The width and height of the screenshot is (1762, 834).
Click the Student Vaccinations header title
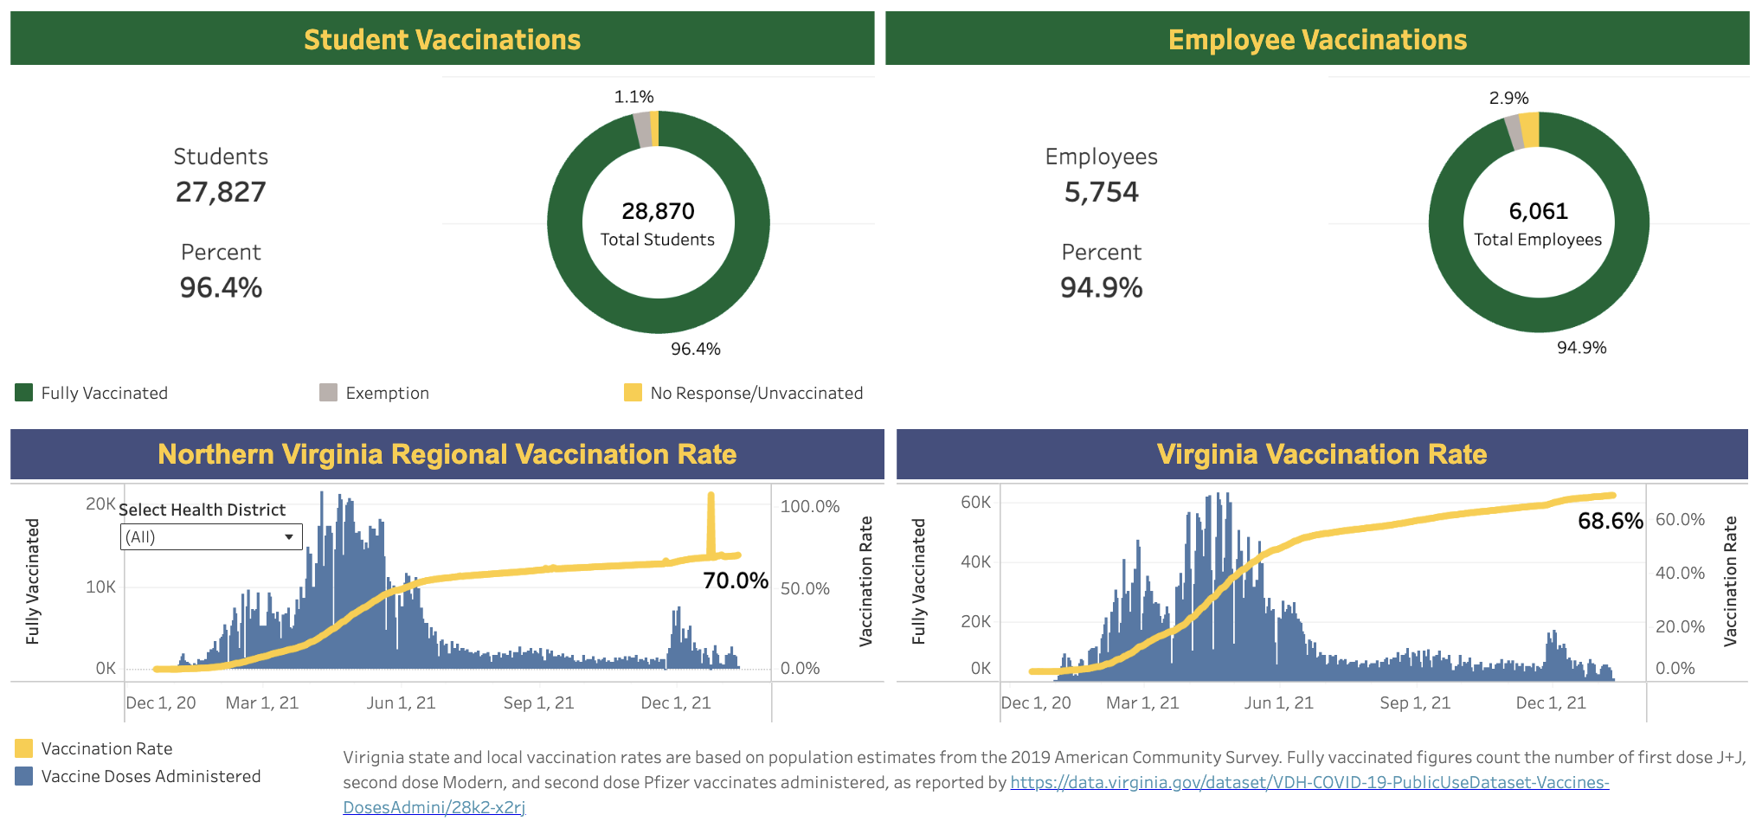click(x=442, y=40)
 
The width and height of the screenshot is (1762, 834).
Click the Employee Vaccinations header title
click(x=1317, y=40)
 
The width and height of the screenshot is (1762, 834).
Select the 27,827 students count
click(x=221, y=192)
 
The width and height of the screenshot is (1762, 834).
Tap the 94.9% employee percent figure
click(x=1101, y=287)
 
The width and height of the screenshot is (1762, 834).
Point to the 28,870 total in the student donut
click(x=658, y=211)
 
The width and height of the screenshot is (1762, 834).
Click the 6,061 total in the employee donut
click(x=1538, y=211)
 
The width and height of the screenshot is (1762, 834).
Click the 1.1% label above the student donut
click(x=633, y=97)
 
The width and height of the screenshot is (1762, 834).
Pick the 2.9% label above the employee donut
click(x=1508, y=98)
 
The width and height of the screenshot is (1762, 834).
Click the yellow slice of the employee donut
click(x=1530, y=130)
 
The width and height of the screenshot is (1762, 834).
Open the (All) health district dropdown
click(x=211, y=536)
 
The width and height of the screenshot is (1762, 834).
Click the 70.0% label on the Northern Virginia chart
click(x=736, y=581)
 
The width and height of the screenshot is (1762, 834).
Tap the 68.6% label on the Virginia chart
click(x=1610, y=521)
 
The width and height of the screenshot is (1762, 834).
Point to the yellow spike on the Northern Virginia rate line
click(x=711, y=519)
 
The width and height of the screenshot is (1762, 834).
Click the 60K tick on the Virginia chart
click(x=975, y=502)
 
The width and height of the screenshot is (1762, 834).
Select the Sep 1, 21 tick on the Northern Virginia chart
click(x=538, y=702)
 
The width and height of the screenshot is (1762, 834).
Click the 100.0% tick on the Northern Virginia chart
click(x=809, y=506)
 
